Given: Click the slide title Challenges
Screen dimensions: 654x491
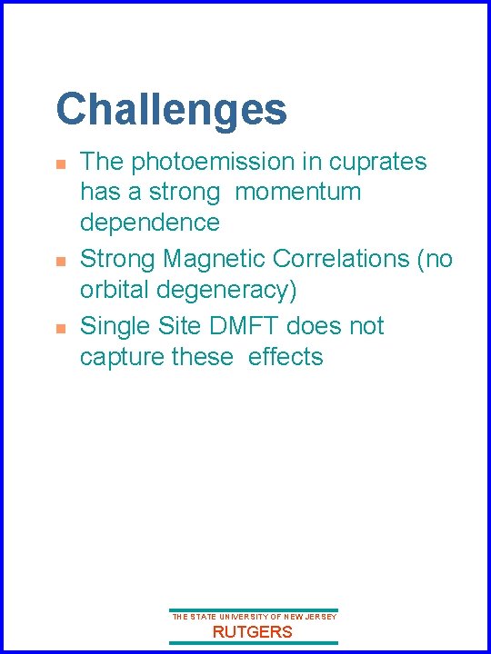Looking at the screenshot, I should point(171,110).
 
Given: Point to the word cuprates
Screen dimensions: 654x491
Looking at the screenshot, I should point(377,163).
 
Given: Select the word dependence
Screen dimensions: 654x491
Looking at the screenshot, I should point(150,223).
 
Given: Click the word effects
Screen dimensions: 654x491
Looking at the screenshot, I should point(286,356).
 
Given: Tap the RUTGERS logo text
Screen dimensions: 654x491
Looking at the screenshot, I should point(253,632).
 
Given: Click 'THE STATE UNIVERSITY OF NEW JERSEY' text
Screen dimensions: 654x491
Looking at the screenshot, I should point(254,617).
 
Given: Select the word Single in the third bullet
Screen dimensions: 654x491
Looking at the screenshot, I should point(115,325).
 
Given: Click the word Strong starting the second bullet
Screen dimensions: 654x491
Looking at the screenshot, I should point(118,259).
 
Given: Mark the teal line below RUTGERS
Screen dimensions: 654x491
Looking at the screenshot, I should point(254,644).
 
